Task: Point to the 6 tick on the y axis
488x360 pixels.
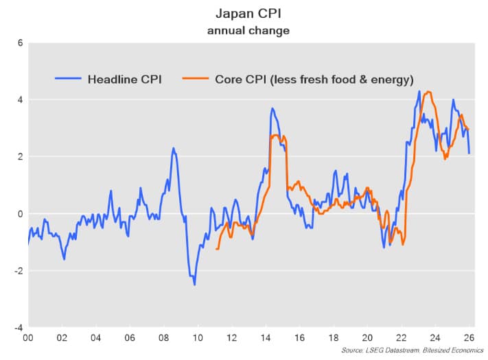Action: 21,43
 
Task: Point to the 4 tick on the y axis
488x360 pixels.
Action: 21,99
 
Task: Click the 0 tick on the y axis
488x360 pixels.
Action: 21,213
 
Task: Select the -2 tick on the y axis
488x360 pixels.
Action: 19,271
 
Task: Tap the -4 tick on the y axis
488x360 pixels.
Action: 19,328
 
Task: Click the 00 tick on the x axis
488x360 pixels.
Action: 28,338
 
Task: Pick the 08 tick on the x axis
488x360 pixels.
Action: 163,338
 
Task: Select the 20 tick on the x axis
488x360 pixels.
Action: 367,338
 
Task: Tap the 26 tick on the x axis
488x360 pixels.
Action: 469,338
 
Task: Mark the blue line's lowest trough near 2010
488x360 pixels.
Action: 194,284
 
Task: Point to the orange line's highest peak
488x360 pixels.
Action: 428,92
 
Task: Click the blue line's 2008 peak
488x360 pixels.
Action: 173,148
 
